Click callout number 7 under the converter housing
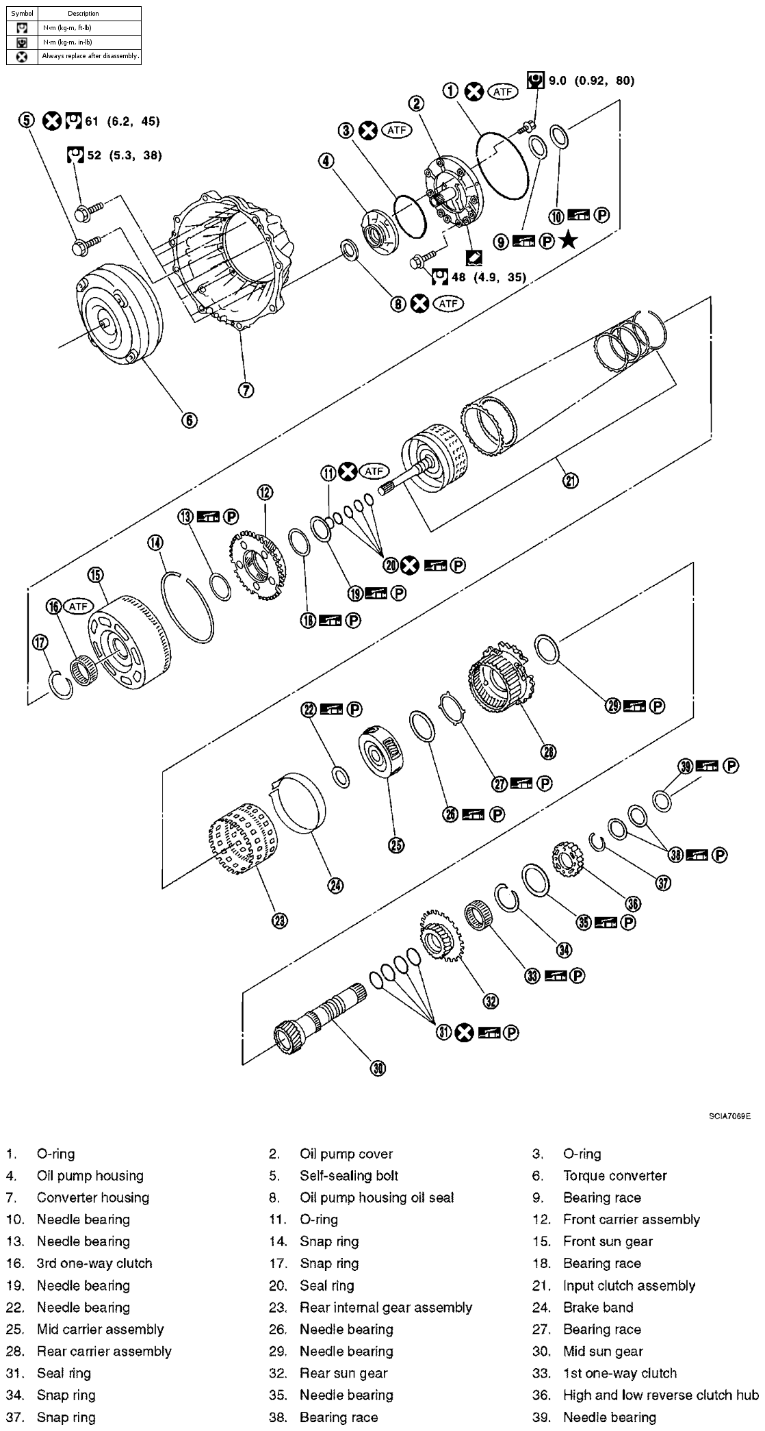pyautogui.click(x=246, y=390)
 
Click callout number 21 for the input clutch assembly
pyautogui.click(x=570, y=480)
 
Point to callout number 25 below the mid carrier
pyautogui.click(x=396, y=845)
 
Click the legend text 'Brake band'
pyautogui.click(x=597, y=1307)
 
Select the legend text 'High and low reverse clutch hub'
pyautogui.click(x=660, y=1395)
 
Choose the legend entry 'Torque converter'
pyautogui.click(x=614, y=1176)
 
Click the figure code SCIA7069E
pyautogui.click(x=729, y=1116)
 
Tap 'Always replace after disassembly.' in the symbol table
pyautogui.click(x=90, y=56)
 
